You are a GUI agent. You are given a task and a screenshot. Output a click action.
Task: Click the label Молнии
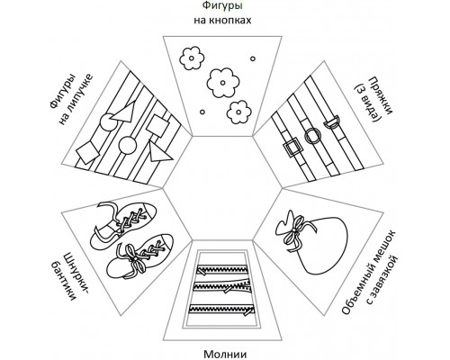click(x=225, y=354)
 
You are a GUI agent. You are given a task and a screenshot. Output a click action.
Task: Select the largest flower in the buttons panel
click(x=224, y=83)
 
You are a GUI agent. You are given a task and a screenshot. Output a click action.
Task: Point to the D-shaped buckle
click(x=332, y=122)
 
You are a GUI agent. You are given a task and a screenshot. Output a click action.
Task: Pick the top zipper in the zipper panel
click(x=222, y=268)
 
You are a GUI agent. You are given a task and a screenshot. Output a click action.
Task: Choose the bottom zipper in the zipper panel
click(x=222, y=310)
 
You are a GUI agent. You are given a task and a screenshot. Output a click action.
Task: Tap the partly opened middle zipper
click(x=222, y=285)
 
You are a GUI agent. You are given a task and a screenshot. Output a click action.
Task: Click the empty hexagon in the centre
click(x=222, y=188)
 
